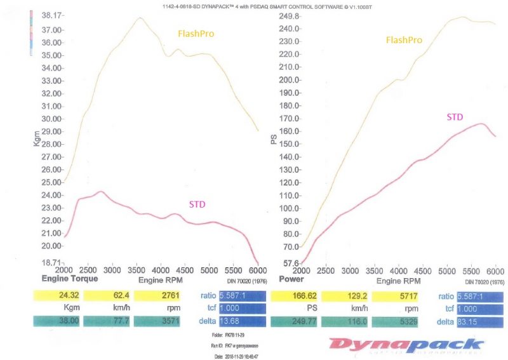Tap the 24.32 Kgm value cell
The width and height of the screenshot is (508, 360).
coord(55,295)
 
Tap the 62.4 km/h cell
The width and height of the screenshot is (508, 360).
coord(106,295)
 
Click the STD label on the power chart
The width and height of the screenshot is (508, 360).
coord(455,117)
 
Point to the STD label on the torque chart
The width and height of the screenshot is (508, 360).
coord(197,204)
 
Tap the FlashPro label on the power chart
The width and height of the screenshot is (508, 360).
coord(404,40)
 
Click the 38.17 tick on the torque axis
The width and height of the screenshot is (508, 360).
coord(51,15)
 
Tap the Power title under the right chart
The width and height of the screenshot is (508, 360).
coord(291,279)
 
